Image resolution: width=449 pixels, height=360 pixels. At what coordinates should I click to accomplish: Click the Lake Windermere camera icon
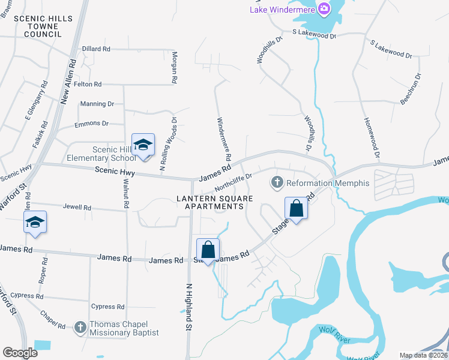pos(325,8)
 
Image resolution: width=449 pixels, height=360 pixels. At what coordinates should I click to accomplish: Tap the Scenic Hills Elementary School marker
pos(143,145)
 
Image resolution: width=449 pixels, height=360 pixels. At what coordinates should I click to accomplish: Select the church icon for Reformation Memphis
pos(277,182)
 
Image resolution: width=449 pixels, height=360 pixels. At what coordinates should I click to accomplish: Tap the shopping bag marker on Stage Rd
pos(297,209)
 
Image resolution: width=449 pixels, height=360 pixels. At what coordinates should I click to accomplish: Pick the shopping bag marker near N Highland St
pos(208,250)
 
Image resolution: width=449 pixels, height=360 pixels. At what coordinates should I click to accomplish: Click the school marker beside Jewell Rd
pos(35,223)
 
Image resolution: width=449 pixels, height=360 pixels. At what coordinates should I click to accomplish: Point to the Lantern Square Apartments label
pos(210,202)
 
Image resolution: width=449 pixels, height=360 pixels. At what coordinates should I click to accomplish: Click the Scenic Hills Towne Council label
pos(43,26)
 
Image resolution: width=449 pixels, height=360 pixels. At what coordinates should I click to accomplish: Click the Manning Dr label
pos(97,104)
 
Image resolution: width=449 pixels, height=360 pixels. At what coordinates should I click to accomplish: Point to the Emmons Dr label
pos(91,124)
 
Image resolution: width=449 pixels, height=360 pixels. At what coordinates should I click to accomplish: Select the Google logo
pos(20,353)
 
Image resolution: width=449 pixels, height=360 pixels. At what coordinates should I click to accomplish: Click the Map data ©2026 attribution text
pos(424,355)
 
